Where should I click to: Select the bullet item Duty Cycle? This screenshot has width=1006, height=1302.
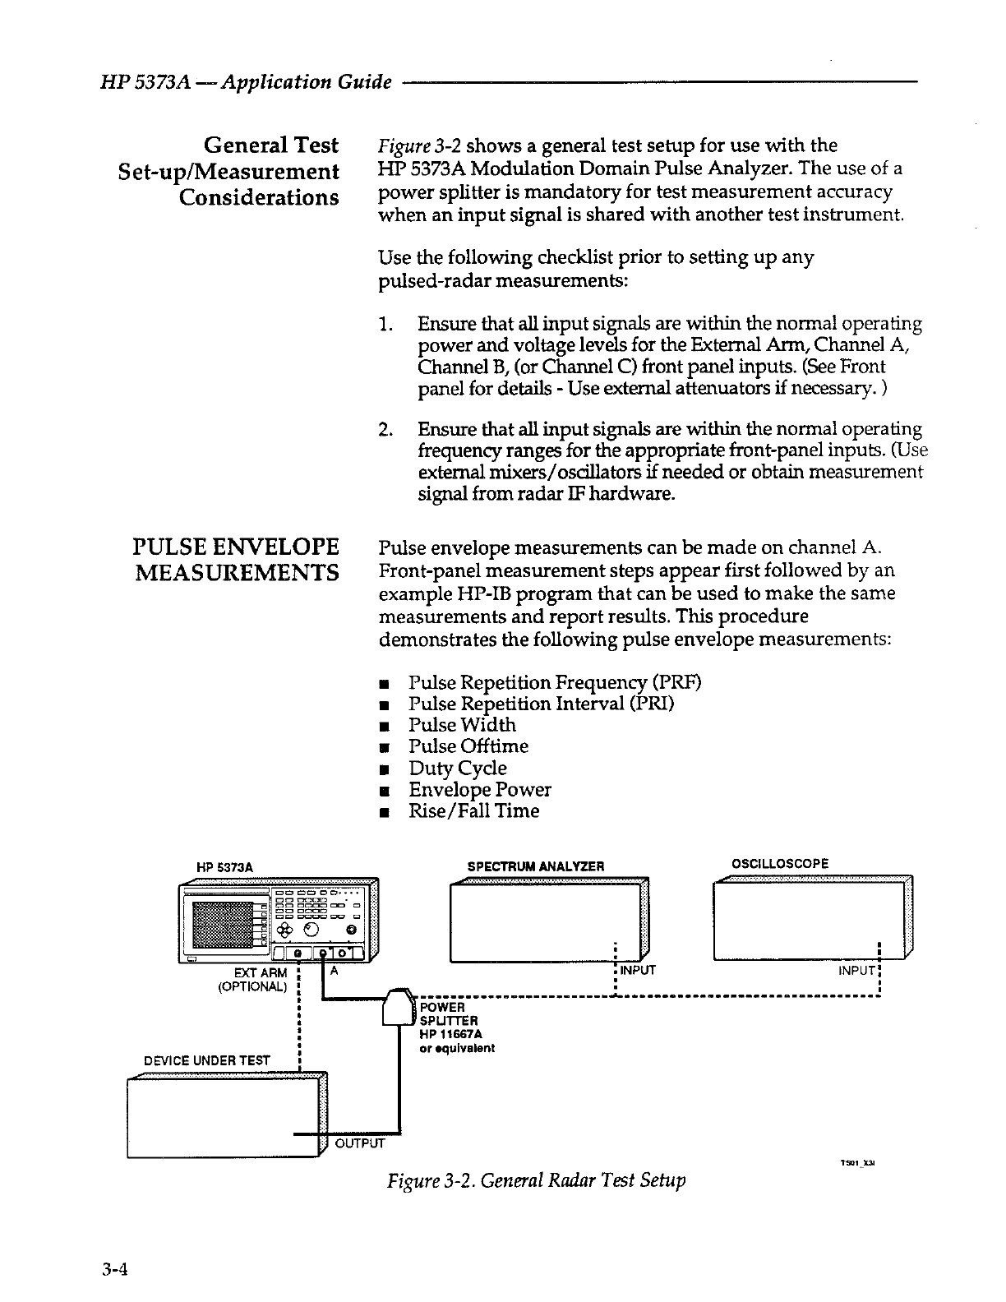pyautogui.click(x=457, y=769)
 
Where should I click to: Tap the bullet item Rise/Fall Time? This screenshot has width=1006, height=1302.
pyautogui.click(x=473, y=811)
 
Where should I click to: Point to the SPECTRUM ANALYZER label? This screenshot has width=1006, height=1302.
pyautogui.click(x=535, y=866)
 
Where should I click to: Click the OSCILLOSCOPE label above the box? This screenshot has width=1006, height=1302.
pyautogui.click(x=780, y=863)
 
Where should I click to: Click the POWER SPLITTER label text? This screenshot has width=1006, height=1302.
pyautogui.click(x=443, y=1014)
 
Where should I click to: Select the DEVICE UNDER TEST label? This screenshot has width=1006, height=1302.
pyautogui.click(x=207, y=1060)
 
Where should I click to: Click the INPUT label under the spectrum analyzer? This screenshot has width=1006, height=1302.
pyautogui.click(x=638, y=971)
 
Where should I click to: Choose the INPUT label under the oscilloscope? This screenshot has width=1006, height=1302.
pyautogui.click(x=855, y=971)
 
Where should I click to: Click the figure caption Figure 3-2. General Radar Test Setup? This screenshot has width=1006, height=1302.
pyautogui.click(x=536, y=1181)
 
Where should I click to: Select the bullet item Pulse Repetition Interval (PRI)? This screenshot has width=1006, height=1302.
pyautogui.click(x=542, y=704)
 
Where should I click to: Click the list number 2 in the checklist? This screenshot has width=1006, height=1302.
pyautogui.click(x=384, y=430)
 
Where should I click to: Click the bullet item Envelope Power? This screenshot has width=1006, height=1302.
pyautogui.click(x=479, y=790)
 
